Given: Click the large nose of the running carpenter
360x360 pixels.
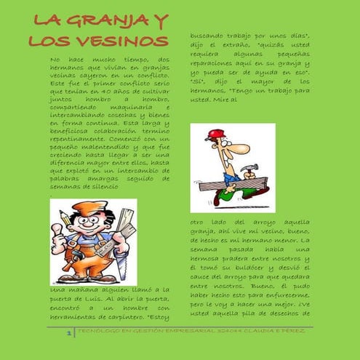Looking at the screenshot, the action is (223, 149).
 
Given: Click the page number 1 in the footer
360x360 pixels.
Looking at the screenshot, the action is (68, 333).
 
